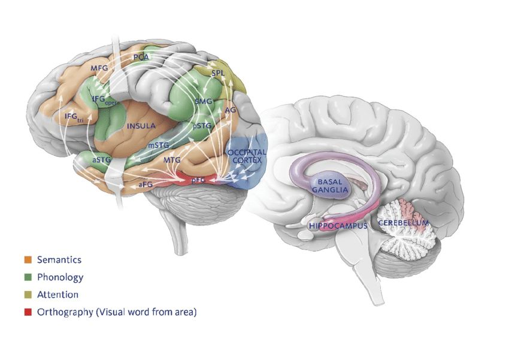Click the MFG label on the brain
click(99, 68)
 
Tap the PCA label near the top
click(141, 57)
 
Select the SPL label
click(219, 73)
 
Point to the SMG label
click(204, 102)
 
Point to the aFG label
click(146, 185)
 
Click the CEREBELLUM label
click(404, 223)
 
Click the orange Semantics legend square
click(28, 260)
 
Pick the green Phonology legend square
click(28, 277)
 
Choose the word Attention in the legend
click(57, 295)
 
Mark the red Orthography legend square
click(28, 312)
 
